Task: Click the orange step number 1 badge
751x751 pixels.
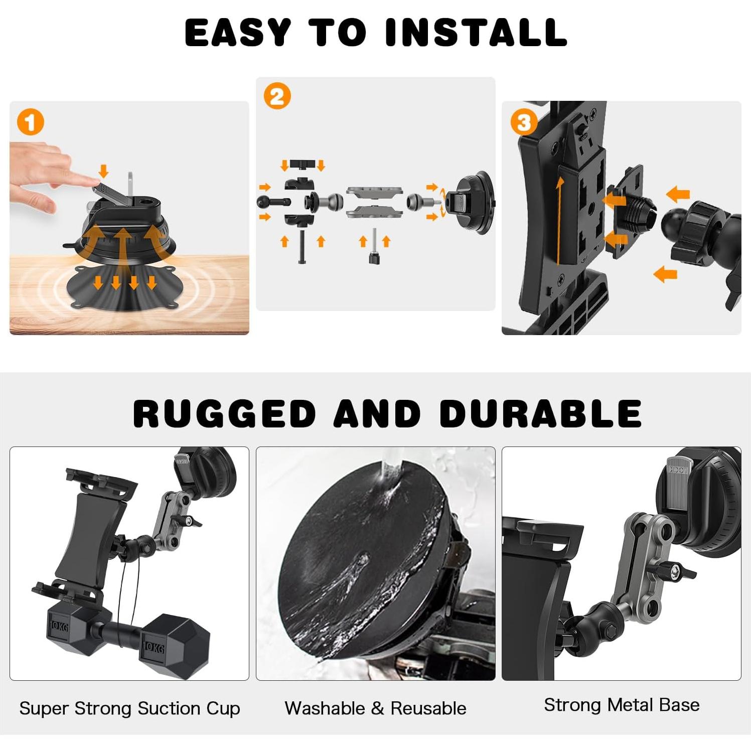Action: [x=31, y=122]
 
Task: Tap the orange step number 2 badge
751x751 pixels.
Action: [x=277, y=96]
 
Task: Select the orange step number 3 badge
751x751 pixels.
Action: [x=524, y=122]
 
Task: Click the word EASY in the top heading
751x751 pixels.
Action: [x=238, y=33]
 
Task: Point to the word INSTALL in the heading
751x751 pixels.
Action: [x=476, y=33]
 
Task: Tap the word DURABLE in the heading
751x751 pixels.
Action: [x=540, y=414]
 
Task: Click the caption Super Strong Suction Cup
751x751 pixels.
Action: [x=129, y=708]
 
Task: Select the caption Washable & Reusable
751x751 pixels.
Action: [x=375, y=708]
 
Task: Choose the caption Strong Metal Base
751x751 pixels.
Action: [x=622, y=705]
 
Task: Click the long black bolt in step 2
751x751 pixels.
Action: [x=302, y=246]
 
